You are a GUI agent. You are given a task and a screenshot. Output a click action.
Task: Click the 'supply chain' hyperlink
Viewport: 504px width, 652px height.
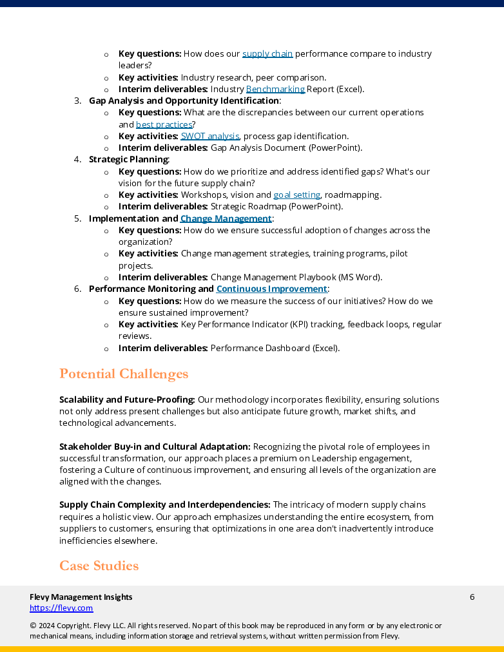267,54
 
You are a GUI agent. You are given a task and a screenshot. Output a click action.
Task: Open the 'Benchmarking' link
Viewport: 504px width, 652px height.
275,90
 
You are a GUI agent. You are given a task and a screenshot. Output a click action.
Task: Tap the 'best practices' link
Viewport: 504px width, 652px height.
164,124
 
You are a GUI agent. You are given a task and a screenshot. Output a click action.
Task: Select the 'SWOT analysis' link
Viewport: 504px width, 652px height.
210,137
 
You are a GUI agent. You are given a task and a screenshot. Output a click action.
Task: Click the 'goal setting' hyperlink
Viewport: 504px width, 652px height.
296,195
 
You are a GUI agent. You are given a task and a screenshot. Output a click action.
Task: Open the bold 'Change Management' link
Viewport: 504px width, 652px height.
226,219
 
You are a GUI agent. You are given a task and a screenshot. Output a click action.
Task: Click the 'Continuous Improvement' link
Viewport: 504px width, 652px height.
271,289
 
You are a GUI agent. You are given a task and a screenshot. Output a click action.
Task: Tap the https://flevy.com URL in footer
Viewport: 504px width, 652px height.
61,608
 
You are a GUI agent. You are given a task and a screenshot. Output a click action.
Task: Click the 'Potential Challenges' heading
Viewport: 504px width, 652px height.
124,374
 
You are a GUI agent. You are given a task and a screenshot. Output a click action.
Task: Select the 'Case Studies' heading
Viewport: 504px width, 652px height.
99,566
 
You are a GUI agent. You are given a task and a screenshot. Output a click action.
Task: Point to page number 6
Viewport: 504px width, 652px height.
472,597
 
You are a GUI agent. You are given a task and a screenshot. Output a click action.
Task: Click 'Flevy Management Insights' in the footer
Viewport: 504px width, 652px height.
81,597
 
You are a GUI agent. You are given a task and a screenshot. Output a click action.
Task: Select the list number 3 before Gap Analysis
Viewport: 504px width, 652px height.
77,101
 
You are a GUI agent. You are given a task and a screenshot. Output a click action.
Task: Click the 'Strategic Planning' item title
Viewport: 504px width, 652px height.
128,160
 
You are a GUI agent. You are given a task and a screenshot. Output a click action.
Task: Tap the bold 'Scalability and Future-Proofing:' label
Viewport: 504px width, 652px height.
127,400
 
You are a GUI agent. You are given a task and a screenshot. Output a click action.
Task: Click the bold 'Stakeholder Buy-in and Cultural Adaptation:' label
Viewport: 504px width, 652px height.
155,447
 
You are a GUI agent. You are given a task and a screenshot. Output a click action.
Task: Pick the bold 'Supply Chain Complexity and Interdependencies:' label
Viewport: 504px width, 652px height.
164,505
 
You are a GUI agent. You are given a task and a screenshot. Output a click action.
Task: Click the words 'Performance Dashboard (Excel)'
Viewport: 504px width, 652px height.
274,349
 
